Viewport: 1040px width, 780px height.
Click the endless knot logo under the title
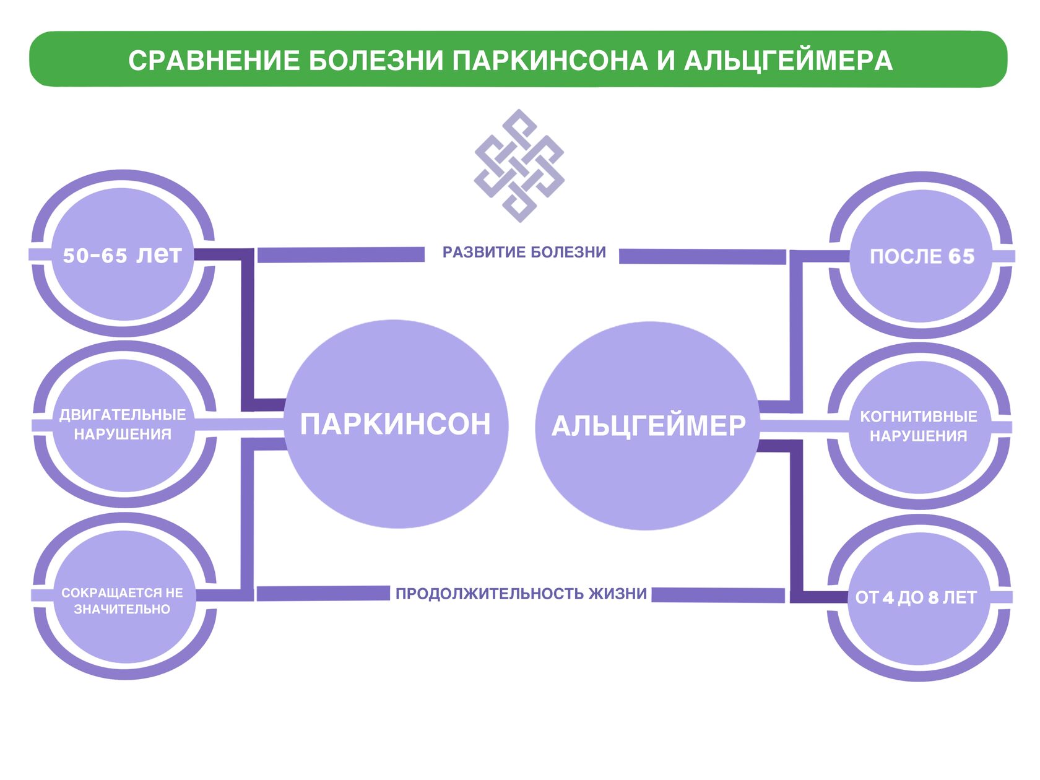coord(519,166)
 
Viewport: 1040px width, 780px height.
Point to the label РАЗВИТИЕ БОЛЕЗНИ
coord(524,253)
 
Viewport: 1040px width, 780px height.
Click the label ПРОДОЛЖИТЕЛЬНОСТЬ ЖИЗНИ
coord(521,594)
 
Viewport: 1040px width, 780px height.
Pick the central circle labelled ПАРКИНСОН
coord(396,425)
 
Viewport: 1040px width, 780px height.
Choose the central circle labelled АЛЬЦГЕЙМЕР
coord(648,426)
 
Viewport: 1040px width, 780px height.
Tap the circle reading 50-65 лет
coord(123,254)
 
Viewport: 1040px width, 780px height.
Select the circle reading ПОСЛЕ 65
coord(922,256)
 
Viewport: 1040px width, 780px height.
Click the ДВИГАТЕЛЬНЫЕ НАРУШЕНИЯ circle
coord(123,425)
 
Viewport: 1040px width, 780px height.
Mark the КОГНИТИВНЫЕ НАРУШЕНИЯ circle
coord(919,427)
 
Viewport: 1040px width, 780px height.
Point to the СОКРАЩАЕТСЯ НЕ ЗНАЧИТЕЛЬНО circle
coord(123,600)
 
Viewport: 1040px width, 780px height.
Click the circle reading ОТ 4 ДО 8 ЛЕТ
coord(916,598)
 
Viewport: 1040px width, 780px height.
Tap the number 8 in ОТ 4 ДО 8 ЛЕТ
coord(934,598)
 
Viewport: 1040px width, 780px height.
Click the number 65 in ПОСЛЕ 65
coord(961,256)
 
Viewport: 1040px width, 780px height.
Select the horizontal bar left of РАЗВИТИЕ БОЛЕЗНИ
coord(340,254)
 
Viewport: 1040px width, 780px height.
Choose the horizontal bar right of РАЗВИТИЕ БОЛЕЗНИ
coord(702,256)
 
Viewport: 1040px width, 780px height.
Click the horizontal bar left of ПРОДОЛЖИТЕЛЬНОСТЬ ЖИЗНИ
coord(323,593)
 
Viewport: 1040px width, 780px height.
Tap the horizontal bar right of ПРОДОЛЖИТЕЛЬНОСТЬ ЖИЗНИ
coord(718,595)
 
